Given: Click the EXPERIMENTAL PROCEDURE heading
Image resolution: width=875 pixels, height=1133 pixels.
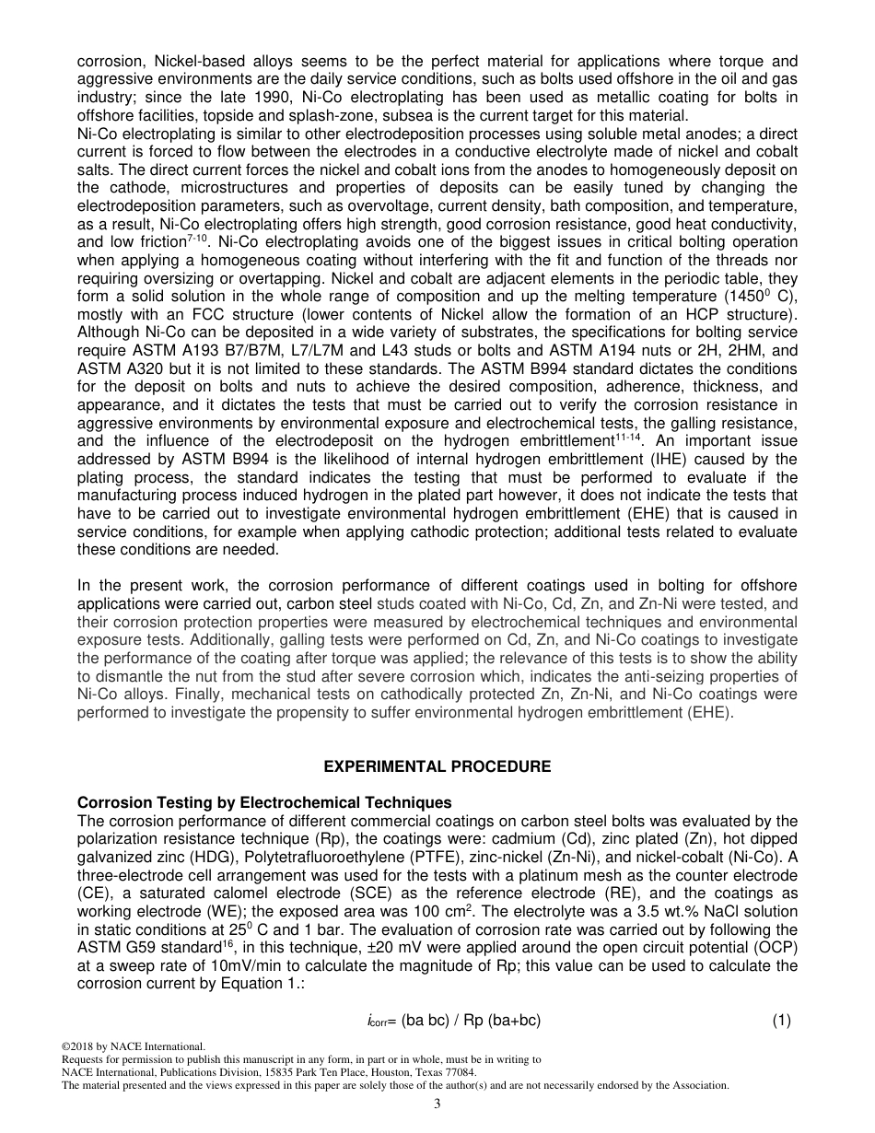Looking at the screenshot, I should pos(437,766).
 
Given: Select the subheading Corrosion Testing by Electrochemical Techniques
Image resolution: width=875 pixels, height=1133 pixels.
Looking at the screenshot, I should pos(264,802).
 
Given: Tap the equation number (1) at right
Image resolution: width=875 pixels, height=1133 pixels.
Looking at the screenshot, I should pos(781,1020).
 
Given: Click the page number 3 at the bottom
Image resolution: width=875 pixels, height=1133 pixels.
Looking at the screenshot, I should pos(437,1104).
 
